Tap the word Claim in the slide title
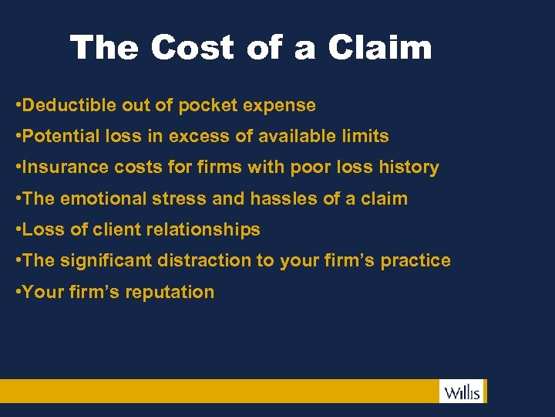[379, 48]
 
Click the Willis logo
[462, 392]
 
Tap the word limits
[365, 137]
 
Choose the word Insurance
[66, 168]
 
